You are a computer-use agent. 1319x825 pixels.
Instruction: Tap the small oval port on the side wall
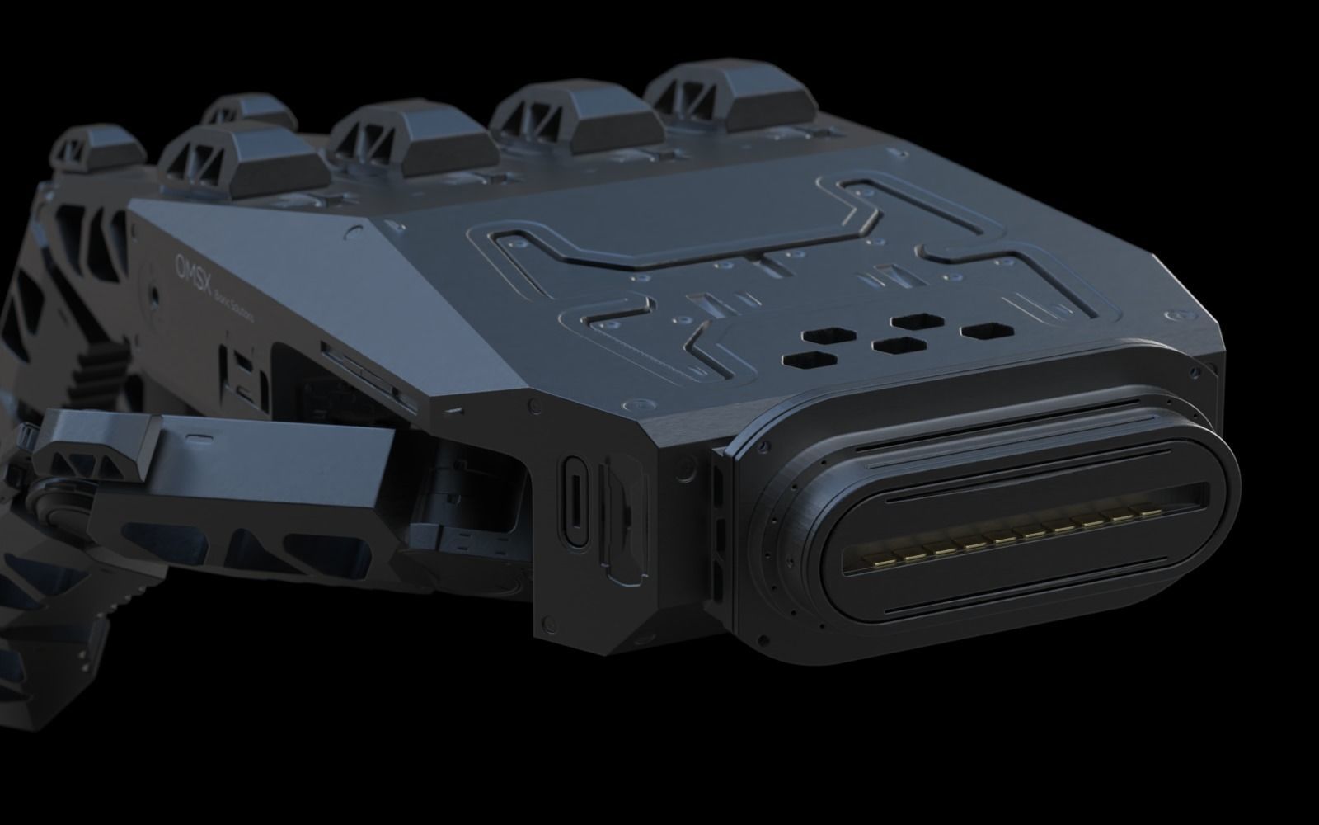(x=575, y=502)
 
